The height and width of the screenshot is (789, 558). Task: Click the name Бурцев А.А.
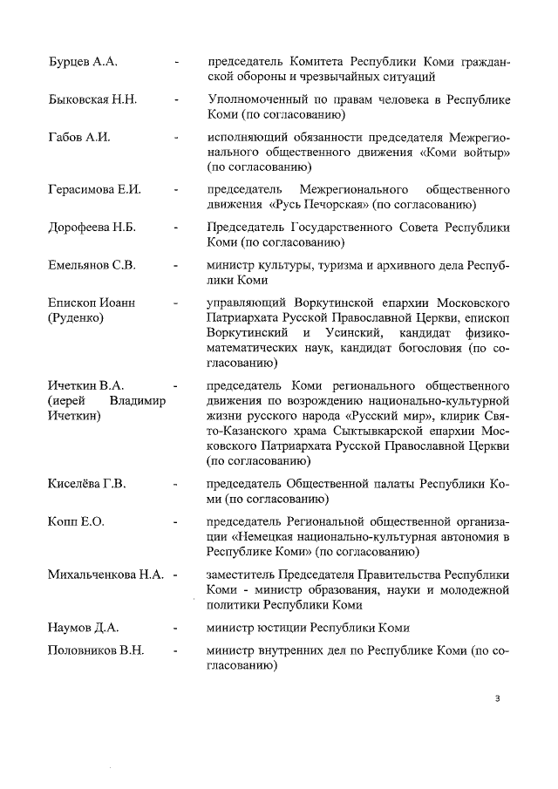point(83,63)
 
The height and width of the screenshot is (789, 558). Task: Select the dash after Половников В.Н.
point(177,650)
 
